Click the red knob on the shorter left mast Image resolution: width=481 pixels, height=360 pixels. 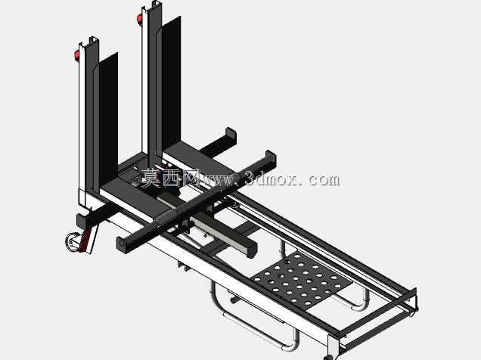tap(76, 55)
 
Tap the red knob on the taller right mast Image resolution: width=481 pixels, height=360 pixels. tap(140, 19)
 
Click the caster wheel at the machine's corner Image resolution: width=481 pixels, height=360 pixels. tap(73, 240)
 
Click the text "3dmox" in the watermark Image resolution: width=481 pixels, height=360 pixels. tap(271, 179)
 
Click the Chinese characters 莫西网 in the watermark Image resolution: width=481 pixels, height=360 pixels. tap(169, 178)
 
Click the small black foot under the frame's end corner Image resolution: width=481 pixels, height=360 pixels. tap(327, 357)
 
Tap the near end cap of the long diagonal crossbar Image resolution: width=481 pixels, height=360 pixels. tap(122, 244)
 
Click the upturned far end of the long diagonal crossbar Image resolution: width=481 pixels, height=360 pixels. tap(271, 159)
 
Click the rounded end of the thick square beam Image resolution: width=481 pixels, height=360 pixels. tap(252, 247)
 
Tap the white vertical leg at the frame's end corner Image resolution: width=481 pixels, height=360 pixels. tap(333, 346)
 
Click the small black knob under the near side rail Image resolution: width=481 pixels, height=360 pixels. tap(234, 300)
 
